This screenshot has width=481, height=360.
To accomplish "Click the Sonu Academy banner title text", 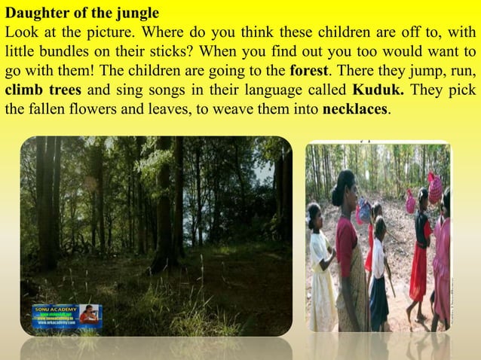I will click(x=56, y=308).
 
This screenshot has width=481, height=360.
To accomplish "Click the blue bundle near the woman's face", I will click(x=364, y=210).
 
